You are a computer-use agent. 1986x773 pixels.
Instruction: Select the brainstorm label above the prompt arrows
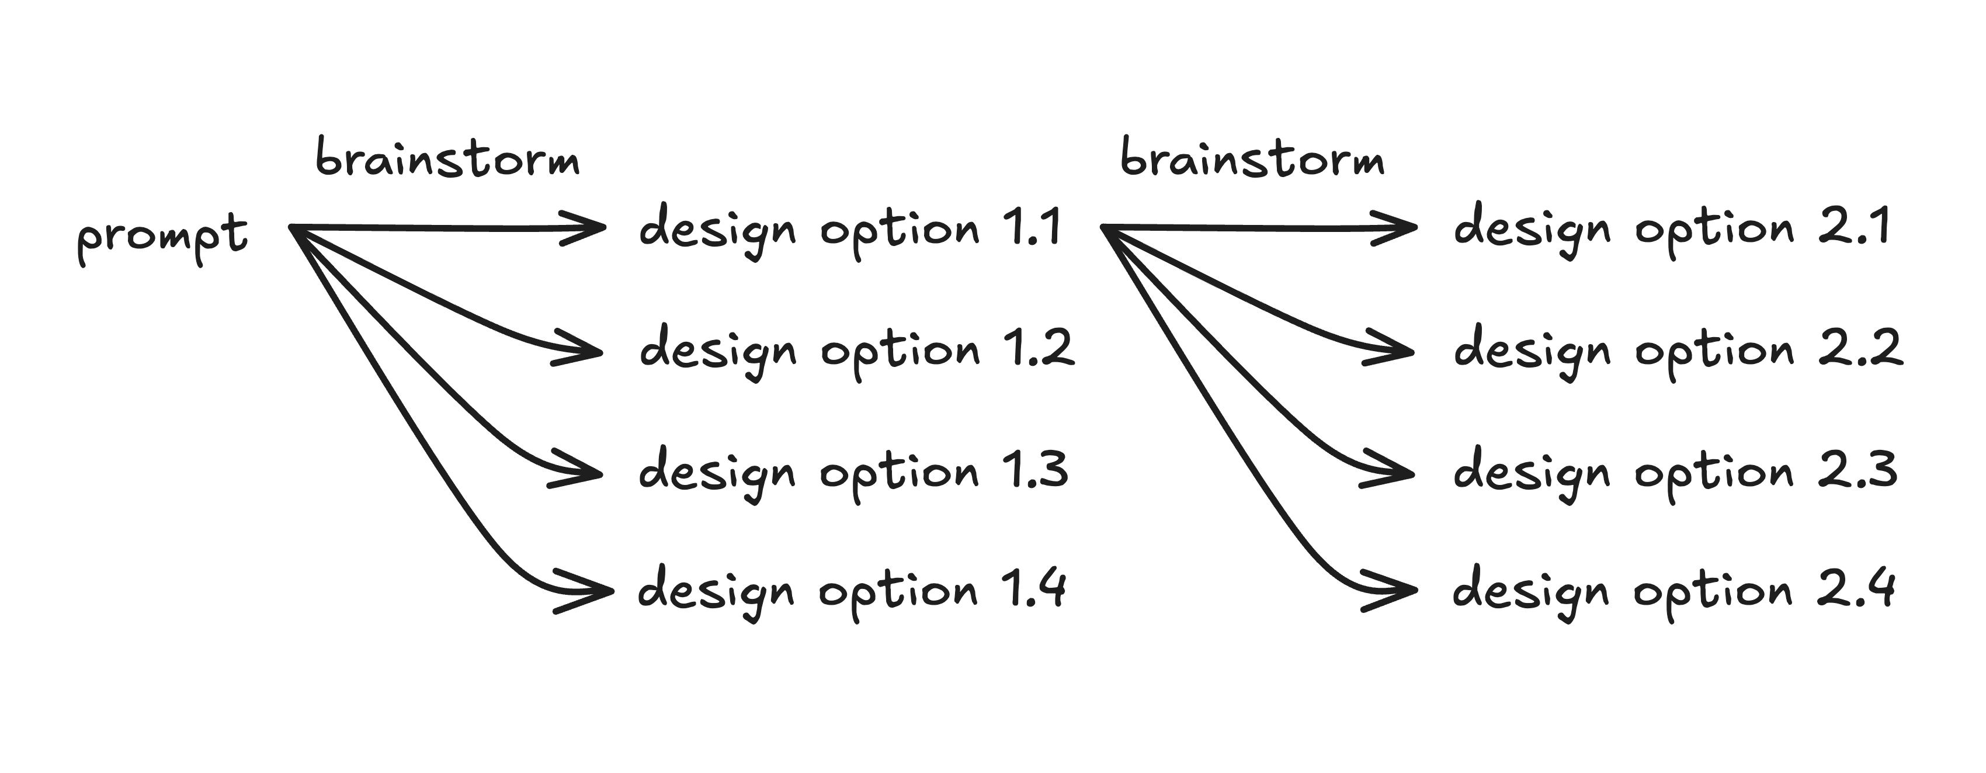click(447, 159)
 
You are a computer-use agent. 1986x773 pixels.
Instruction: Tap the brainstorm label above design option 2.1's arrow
click(1252, 159)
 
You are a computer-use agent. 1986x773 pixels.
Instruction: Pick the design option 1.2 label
click(856, 350)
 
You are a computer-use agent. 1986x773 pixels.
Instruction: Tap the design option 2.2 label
click(1678, 350)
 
